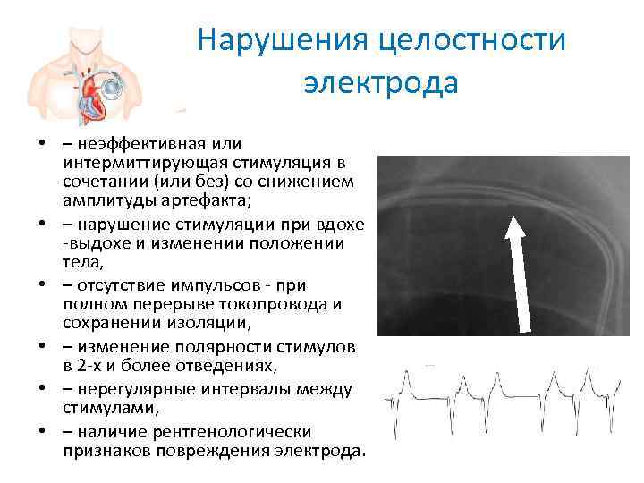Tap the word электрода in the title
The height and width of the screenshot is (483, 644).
click(x=380, y=83)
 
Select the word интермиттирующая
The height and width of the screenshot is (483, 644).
click(x=149, y=163)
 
